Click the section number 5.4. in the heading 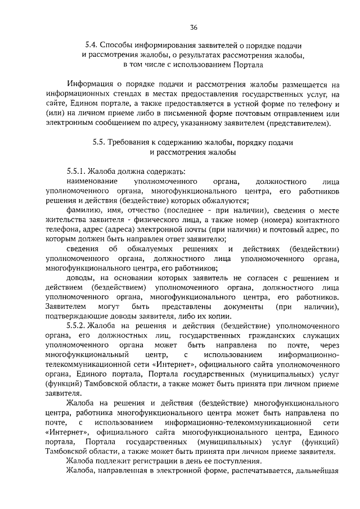pos(92,45)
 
